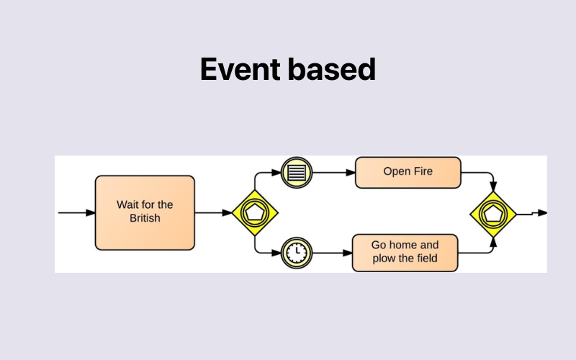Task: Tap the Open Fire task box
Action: coord(408,172)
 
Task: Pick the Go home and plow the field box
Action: coord(405,252)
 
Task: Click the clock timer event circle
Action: coord(295,252)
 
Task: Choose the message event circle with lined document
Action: coord(295,172)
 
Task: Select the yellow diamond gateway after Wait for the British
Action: coord(256,212)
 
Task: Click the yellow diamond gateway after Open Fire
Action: coord(493,214)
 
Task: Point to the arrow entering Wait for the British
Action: coord(76,212)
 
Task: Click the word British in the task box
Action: coord(145,219)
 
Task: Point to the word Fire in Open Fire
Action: coord(423,172)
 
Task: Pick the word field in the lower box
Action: coord(426,258)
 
